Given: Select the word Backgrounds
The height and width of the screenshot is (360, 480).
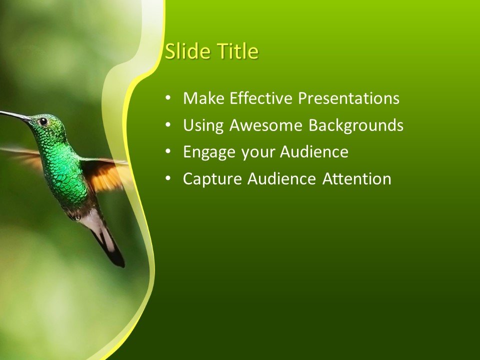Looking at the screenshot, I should (x=355, y=125).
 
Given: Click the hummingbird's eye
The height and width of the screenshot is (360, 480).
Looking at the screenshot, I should (x=43, y=121).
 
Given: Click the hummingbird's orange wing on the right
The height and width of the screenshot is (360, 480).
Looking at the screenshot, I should (x=107, y=175).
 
